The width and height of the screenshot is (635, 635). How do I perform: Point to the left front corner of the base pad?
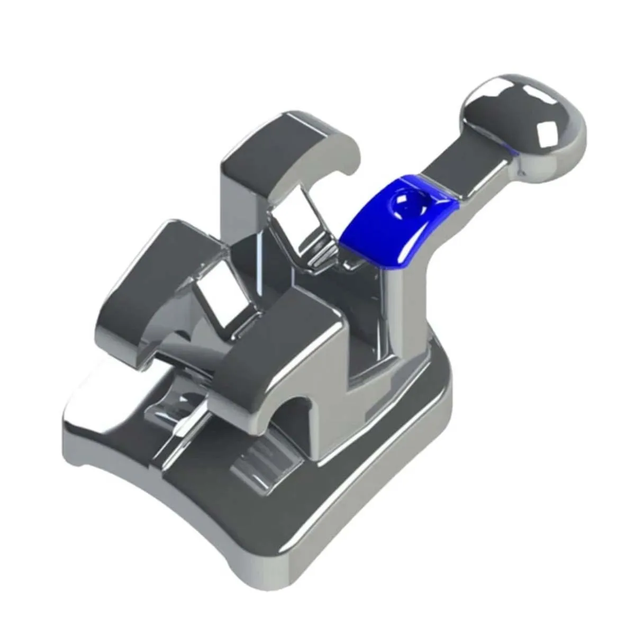(x=74, y=450)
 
